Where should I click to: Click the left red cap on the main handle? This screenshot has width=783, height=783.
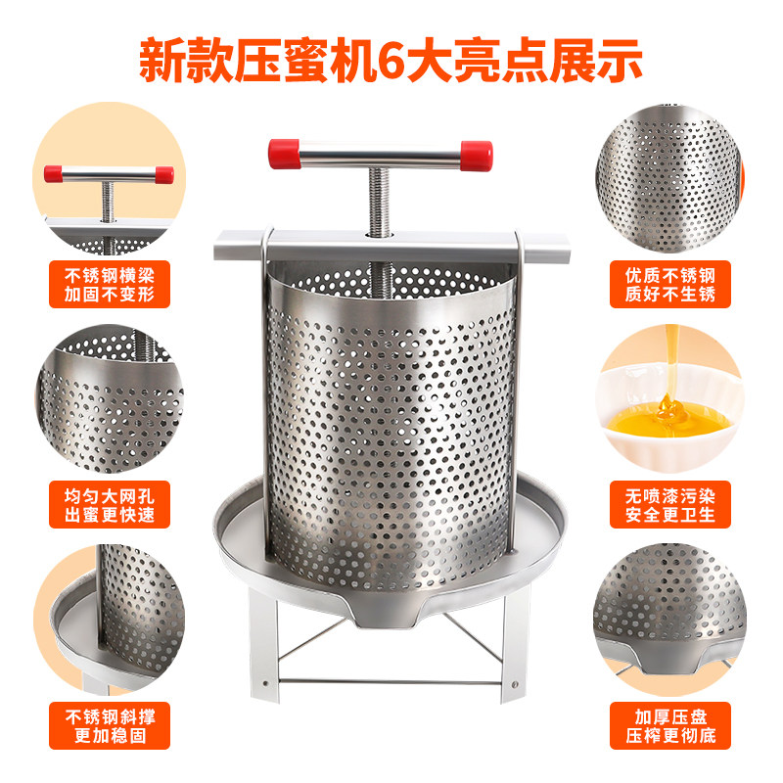(284, 153)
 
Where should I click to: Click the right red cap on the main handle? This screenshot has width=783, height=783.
(477, 154)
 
